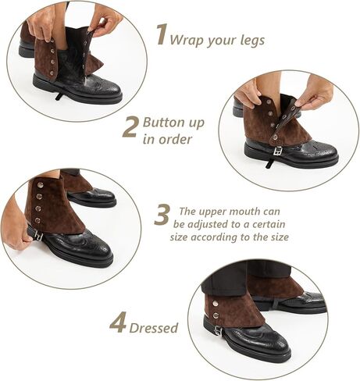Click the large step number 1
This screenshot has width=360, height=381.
162,34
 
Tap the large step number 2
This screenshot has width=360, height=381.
130,127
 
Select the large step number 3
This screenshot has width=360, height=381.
162,215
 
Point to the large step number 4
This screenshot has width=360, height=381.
119,322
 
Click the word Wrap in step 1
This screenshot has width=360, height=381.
186,40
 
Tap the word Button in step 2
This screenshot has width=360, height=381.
164,122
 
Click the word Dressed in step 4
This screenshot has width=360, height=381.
154,328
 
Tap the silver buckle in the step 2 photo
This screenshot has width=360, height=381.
277,151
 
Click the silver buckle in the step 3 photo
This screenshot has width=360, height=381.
39,236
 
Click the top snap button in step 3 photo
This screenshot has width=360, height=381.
40,185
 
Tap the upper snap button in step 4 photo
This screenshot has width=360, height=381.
216,303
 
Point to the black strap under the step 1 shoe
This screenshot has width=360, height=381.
59,95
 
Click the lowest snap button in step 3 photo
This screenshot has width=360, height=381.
38,221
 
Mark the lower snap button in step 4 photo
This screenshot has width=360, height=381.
216,316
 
